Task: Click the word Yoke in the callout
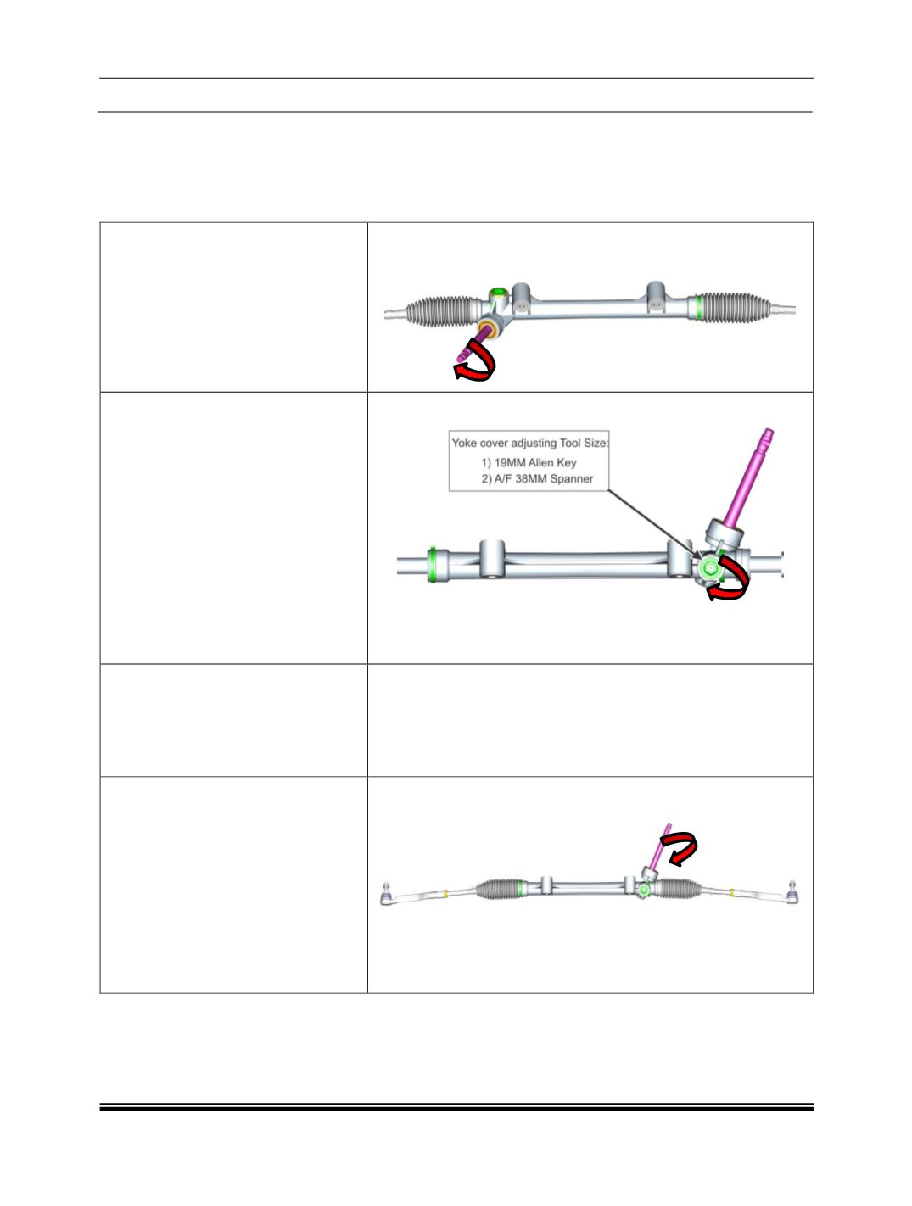point(464,443)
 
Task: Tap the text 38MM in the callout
point(531,478)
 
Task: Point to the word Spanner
point(571,479)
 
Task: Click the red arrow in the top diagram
point(476,362)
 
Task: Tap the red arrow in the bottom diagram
point(680,850)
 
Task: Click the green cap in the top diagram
point(498,292)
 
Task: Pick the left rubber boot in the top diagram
point(443,311)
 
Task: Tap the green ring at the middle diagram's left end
point(433,564)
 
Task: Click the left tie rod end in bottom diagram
point(387,895)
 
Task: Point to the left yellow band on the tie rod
point(445,893)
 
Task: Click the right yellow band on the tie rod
point(732,891)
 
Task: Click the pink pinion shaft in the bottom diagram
point(662,846)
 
